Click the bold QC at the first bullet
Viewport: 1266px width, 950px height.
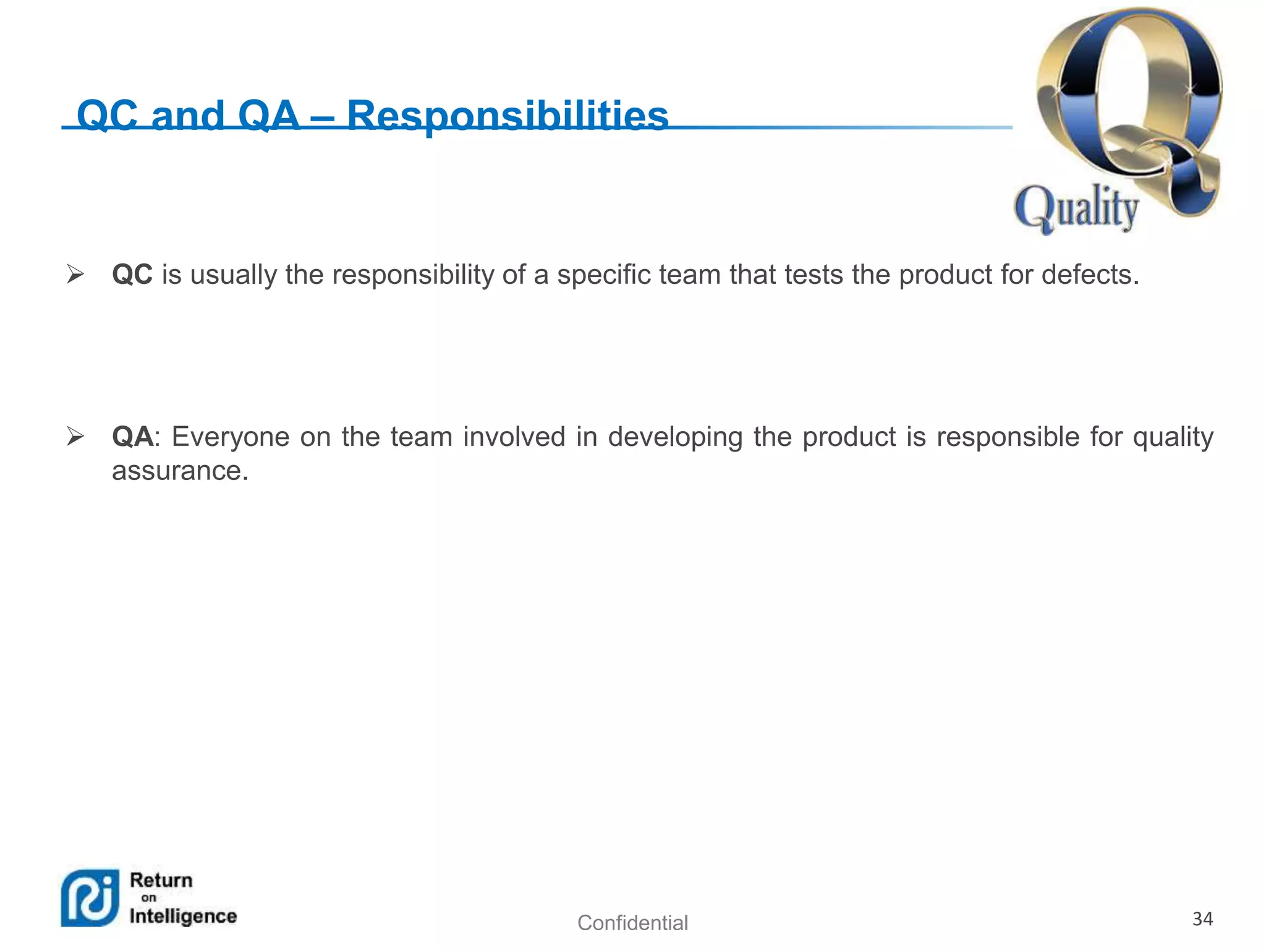pyautogui.click(x=132, y=275)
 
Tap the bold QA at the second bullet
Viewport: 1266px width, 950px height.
pyautogui.click(x=132, y=437)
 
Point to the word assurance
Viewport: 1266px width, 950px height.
pyautogui.click(x=180, y=471)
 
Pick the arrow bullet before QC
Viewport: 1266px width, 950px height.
pyautogui.click(x=75, y=274)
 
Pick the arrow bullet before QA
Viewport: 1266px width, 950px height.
pyautogui.click(x=75, y=437)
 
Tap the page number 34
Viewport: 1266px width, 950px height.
pyautogui.click(x=1202, y=919)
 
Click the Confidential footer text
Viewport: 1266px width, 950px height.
pyautogui.click(x=632, y=923)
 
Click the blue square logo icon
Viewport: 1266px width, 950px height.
pyautogui.click(x=90, y=898)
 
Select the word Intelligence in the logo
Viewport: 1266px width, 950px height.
pyautogui.click(x=183, y=916)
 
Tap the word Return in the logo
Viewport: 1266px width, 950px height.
pyautogui.click(x=161, y=880)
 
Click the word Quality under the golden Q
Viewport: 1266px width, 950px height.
pyautogui.click(x=1076, y=208)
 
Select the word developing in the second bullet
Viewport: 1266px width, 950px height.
pyautogui.click(x=675, y=437)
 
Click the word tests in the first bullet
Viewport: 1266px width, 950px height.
pyautogui.click(x=814, y=275)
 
